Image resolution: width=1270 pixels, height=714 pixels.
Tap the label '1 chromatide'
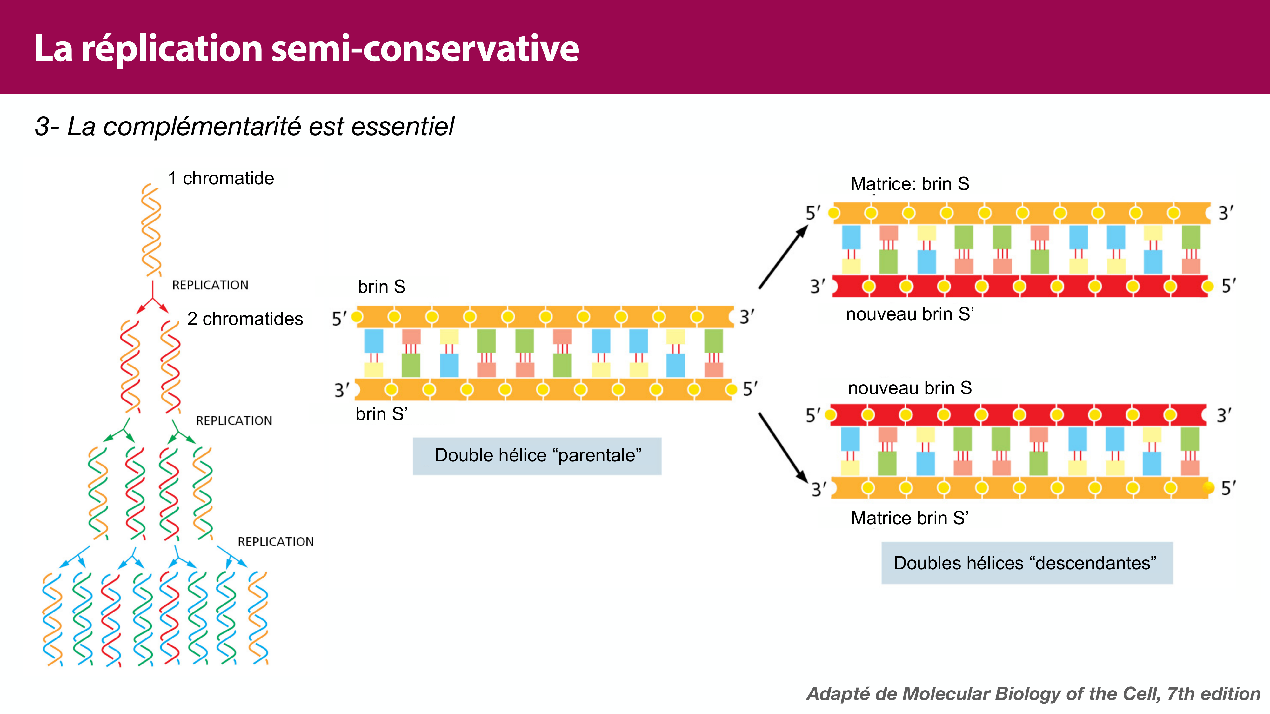click(221, 178)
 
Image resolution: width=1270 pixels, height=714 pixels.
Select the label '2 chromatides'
click(245, 319)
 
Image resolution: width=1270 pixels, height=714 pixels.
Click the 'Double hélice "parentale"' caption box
click(537, 456)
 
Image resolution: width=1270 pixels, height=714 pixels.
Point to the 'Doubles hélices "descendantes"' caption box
click(1026, 563)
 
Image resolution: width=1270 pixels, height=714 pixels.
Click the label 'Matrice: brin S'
click(910, 184)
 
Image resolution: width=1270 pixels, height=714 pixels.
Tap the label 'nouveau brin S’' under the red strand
click(910, 314)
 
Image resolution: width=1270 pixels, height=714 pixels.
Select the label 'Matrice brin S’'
click(910, 518)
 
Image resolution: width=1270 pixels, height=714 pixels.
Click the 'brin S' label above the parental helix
click(382, 287)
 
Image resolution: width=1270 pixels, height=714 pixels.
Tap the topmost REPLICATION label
click(210, 285)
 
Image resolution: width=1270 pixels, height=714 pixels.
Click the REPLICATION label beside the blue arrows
click(276, 542)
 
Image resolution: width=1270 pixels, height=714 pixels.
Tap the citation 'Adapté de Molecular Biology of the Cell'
click(1033, 694)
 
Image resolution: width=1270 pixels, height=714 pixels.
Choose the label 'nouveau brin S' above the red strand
click(910, 388)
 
